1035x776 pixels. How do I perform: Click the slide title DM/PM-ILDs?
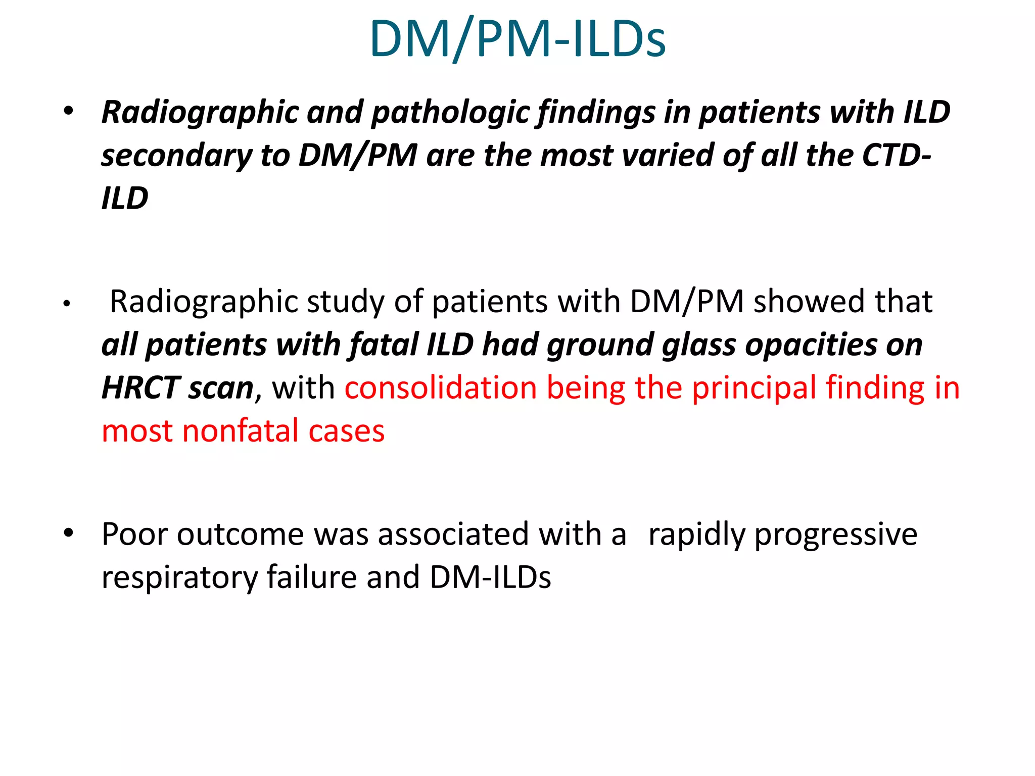click(x=517, y=39)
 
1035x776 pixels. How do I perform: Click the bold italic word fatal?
click(x=384, y=345)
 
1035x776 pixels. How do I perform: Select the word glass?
click(x=698, y=345)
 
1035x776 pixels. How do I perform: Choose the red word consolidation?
click(x=441, y=388)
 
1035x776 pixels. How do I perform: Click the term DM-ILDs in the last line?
click(x=490, y=577)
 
